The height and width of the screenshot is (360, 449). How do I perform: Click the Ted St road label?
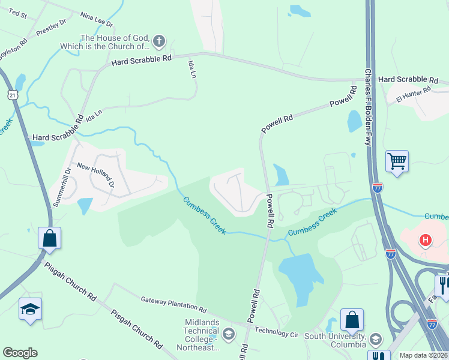tap(18, 13)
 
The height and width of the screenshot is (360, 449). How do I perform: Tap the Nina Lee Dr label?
tap(96, 20)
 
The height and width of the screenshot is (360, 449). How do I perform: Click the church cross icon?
tap(158, 41)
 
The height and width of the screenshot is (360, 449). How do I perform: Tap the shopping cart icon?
tap(397, 161)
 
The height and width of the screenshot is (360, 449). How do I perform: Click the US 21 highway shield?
tap(13, 95)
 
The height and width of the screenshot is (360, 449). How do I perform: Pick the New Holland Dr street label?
tap(94, 175)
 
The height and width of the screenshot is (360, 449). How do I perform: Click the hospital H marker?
tap(426, 241)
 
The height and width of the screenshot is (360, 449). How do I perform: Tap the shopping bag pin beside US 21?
tap(49, 238)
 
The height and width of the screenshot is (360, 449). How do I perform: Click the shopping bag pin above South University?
tap(352, 319)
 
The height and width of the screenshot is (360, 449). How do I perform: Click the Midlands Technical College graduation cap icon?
tap(228, 333)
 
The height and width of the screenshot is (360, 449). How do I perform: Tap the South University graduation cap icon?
tap(376, 339)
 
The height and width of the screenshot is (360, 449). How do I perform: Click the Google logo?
tap(20, 353)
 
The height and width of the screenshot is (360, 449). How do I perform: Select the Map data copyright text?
tap(423, 355)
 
